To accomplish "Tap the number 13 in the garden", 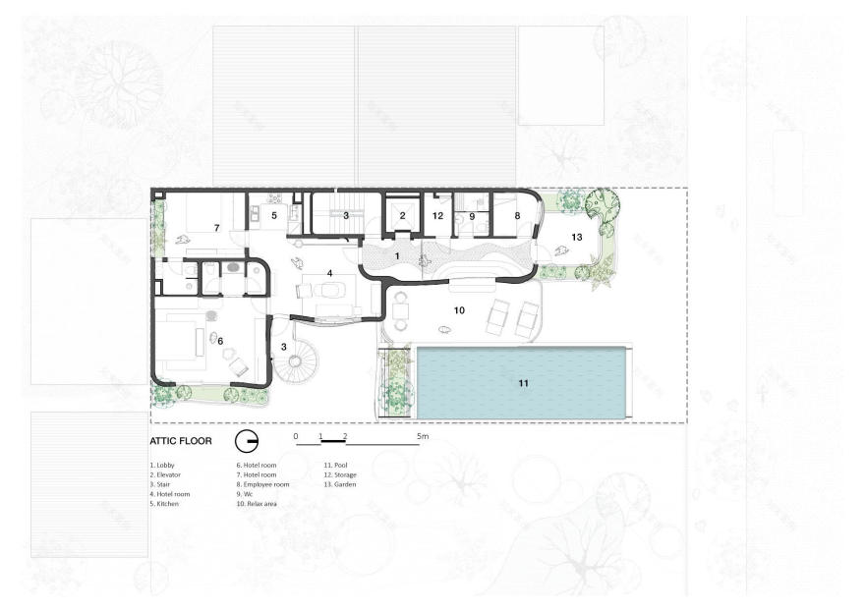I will pyautogui.click(x=577, y=237).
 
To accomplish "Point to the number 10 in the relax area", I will pyautogui.click(x=458, y=310).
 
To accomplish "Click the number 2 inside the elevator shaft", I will pyautogui.click(x=402, y=215).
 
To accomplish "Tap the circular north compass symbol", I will pyautogui.click(x=247, y=440).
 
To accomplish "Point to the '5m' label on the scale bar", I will pyautogui.click(x=424, y=435).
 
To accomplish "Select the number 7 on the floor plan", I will pyautogui.click(x=216, y=228).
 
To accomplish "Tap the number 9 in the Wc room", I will pyautogui.click(x=472, y=216).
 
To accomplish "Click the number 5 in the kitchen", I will pyautogui.click(x=275, y=214).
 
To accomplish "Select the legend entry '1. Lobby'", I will pyautogui.click(x=163, y=465).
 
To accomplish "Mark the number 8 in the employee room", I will pyautogui.click(x=517, y=214).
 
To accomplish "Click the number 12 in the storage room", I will pyautogui.click(x=437, y=215).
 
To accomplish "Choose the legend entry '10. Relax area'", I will pyautogui.click(x=259, y=506).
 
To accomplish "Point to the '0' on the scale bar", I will pyautogui.click(x=296, y=435).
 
